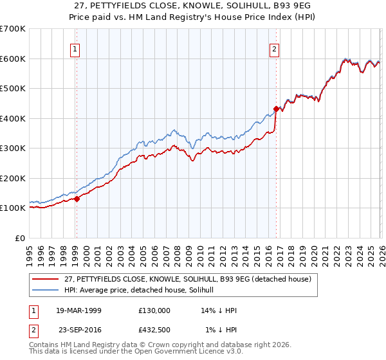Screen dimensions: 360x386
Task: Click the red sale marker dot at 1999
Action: coord(77,199)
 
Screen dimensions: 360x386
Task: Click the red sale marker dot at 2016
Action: coord(275,109)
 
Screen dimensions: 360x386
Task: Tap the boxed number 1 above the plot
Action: coord(75,48)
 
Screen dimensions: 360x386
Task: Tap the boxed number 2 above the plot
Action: coord(275,48)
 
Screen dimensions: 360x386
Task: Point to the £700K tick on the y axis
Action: coord(13,29)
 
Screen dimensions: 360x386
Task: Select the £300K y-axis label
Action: coord(13,148)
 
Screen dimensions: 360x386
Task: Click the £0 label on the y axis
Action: coord(20,238)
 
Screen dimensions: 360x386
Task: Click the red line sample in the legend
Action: coord(46,279)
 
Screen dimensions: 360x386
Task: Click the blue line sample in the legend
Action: coord(46,290)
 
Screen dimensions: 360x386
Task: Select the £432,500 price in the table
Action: coord(154,330)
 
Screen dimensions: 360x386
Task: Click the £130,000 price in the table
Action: coord(154,310)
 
